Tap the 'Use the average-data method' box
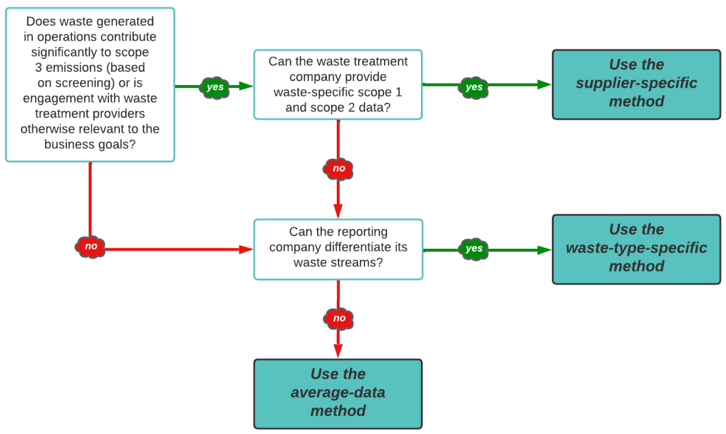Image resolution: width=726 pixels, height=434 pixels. pos(338,394)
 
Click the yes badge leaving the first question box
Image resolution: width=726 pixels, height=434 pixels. pos(215,87)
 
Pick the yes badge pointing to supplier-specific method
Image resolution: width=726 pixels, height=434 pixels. pos(473,87)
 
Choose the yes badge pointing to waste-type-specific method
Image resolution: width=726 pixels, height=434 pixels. pos(473,249)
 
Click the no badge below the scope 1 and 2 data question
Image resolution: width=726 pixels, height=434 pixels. pos(338,168)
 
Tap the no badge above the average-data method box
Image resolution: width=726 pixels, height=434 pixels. pos(339,318)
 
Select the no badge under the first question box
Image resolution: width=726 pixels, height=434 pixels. pos(90,246)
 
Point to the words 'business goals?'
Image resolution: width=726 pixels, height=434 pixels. pos(90,144)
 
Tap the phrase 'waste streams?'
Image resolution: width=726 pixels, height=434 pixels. pos(338,262)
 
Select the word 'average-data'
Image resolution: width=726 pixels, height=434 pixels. pos(338,393)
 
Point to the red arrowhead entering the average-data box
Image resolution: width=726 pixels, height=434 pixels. pos(338,350)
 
